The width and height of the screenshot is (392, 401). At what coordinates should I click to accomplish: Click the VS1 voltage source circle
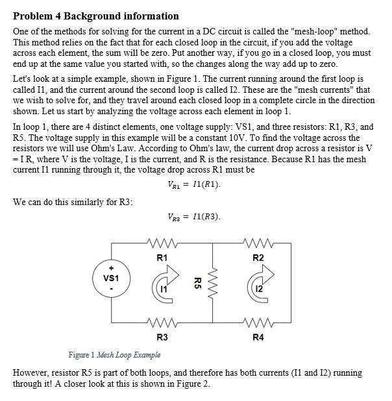coord(111,277)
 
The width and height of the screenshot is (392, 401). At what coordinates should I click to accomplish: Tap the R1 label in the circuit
coord(162,258)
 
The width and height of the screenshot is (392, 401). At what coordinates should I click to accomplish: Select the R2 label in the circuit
coord(258,258)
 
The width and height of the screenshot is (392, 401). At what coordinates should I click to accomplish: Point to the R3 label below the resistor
coord(162,337)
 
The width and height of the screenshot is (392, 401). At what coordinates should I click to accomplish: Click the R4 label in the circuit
coord(258,337)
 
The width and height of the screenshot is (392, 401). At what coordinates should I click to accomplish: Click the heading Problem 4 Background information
coord(96,16)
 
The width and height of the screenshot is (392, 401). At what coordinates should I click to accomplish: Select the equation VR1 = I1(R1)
coord(194,184)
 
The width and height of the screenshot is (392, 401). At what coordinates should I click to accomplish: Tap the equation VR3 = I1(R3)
coord(194,217)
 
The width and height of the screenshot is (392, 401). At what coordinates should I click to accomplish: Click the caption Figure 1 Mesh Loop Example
coord(115,355)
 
